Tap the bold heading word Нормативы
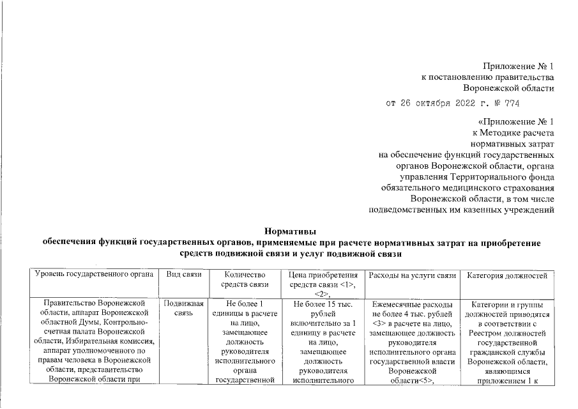pos(290,232)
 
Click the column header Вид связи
pos(185,274)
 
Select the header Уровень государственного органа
pos(95,274)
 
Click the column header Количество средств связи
pos(241,279)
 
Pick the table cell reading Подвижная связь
pos(184,309)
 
